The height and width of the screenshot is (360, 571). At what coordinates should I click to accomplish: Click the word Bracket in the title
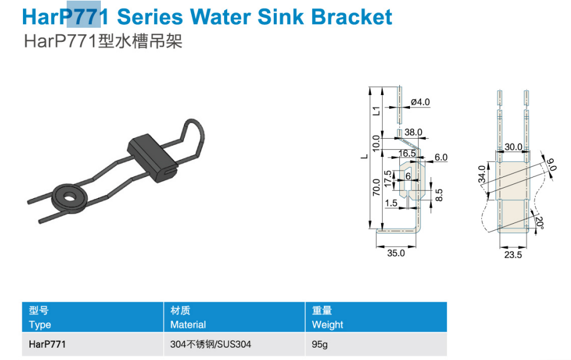352,17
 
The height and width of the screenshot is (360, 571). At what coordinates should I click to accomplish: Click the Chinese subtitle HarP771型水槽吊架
103,41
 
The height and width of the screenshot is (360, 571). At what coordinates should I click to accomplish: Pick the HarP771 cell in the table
47,344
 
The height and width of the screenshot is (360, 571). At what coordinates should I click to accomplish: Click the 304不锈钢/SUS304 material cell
211,344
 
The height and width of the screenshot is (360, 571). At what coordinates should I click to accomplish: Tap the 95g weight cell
319,345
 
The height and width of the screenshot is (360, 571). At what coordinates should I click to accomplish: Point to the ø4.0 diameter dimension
420,102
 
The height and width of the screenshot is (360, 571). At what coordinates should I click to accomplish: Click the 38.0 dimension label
414,132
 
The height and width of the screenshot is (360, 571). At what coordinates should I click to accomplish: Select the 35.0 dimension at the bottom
396,253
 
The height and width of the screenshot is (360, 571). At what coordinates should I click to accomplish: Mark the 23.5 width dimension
513,255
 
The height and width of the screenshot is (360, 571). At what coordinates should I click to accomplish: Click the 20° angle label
540,223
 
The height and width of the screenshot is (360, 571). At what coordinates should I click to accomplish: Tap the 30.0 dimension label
513,147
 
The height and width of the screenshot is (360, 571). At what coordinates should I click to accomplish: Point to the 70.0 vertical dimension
376,187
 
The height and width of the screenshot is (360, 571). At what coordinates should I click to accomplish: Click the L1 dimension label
376,111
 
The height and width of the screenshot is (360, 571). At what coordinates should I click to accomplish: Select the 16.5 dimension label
407,153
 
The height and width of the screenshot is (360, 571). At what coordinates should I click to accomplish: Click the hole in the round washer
69,197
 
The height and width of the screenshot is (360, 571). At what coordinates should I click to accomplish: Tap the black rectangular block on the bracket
152,158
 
